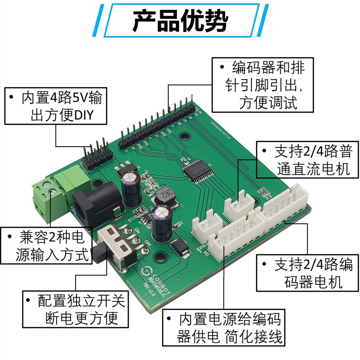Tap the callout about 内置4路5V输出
(x=57, y=105)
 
